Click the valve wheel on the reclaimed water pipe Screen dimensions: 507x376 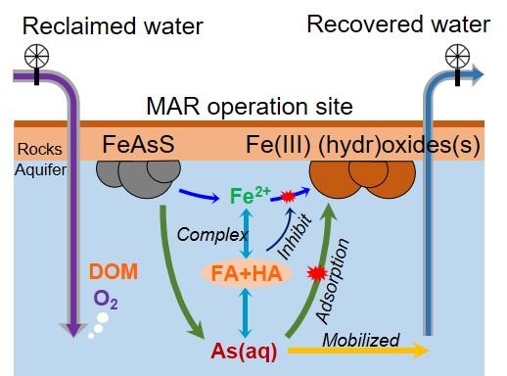click(36, 56)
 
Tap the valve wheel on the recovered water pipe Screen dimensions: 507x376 click(457, 56)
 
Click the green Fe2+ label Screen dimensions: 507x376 click(250, 195)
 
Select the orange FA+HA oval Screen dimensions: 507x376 click(247, 273)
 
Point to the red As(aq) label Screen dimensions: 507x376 click(244, 352)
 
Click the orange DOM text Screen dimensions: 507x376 click(114, 271)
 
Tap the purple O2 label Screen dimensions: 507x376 click(106, 300)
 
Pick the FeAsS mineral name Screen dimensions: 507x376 click(138, 144)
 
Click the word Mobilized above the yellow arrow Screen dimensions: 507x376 click(361, 340)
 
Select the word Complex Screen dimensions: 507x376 click(212, 235)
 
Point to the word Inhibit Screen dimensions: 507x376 click(295, 237)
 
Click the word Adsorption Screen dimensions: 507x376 click(332, 281)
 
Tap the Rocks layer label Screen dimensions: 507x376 click(40, 149)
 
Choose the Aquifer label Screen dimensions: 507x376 click(40, 169)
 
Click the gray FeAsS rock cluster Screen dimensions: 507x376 click(138, 178)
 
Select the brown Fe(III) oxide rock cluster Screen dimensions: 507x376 click(362, 179)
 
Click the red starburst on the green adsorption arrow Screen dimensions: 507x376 click(317, 273)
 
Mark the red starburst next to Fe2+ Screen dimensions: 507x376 click(288, 197)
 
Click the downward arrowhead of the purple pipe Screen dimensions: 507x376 click(73, 329)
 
